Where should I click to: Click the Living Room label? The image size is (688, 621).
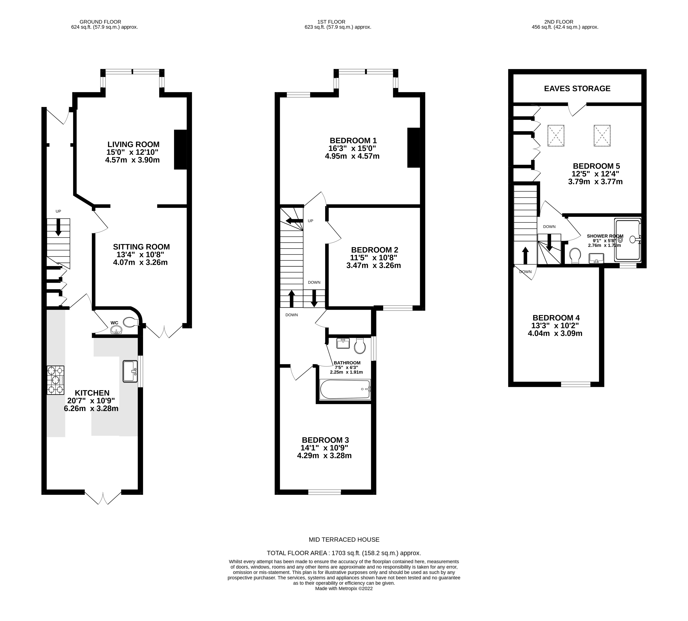pos(133,144)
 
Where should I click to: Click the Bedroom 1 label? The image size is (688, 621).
pos(353,140)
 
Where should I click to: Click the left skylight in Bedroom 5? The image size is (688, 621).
pos(556,136)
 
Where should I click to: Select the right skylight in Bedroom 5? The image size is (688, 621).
pos(602,136)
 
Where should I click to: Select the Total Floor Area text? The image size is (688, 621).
pos(344,553)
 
